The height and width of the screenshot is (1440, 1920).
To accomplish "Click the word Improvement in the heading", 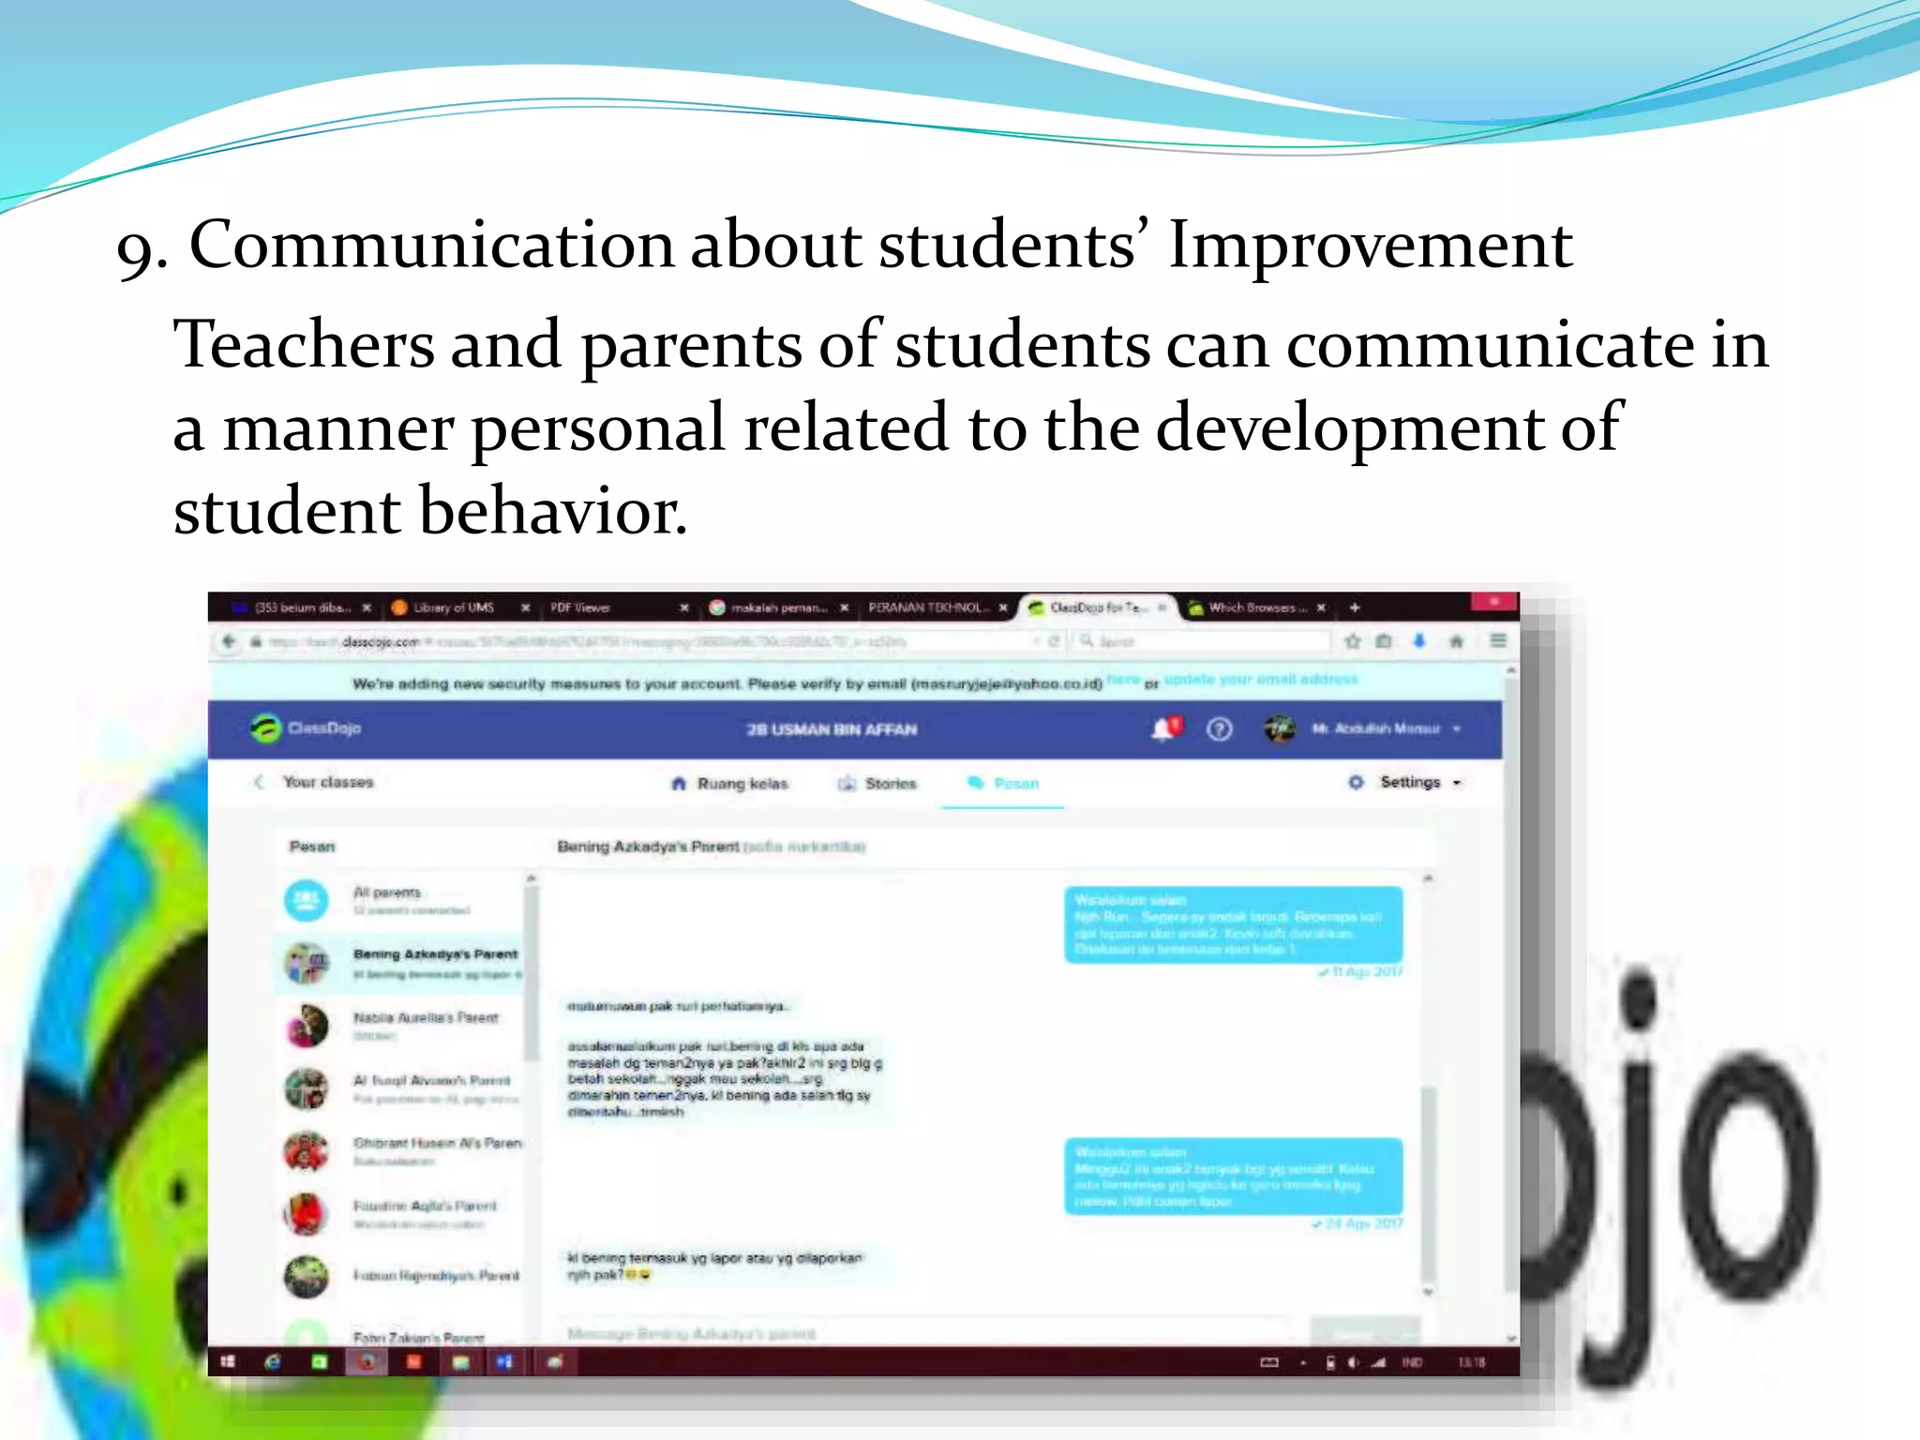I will pos(1369,247).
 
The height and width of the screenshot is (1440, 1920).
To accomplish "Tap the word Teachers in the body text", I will pos(304,345).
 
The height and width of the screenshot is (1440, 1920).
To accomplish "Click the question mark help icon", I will pos(1219,728).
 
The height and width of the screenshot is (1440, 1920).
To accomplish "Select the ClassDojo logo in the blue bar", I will pos(306,728).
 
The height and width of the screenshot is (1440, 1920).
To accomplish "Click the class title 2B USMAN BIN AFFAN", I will pos(832,729).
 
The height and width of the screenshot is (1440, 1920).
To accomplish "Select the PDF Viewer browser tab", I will pos(581,607).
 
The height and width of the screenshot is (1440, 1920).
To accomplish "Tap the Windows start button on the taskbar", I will pos(228,1362).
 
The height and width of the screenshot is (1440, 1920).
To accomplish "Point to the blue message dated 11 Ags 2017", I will pos(1233,924).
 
